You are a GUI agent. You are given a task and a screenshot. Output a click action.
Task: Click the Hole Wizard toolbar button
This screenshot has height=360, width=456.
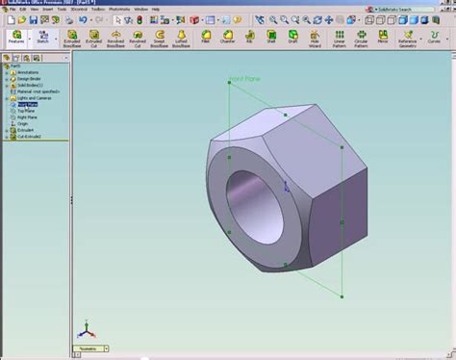(316, 38)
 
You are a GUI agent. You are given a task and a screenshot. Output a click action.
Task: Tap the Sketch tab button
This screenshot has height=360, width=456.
(42, 38)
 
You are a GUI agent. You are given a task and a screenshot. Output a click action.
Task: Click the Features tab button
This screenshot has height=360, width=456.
(16, 38)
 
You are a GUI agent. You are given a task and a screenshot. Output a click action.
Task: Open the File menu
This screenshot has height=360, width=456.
(13, 9)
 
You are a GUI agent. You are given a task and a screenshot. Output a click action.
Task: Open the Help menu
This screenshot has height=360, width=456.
(156, 9)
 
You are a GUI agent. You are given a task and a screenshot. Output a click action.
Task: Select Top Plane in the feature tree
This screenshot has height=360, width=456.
(27, 112)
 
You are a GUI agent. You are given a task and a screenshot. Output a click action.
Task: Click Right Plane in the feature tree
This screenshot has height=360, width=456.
(28, 117)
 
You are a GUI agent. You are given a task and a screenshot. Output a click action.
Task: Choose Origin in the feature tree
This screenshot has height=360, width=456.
(23, 124)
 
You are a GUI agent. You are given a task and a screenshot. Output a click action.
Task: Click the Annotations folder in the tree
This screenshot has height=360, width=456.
(28, 72)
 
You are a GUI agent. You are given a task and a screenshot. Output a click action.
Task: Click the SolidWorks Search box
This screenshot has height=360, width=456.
(408, 9)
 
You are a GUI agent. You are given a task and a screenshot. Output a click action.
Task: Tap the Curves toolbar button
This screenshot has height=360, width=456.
(434, 38)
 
